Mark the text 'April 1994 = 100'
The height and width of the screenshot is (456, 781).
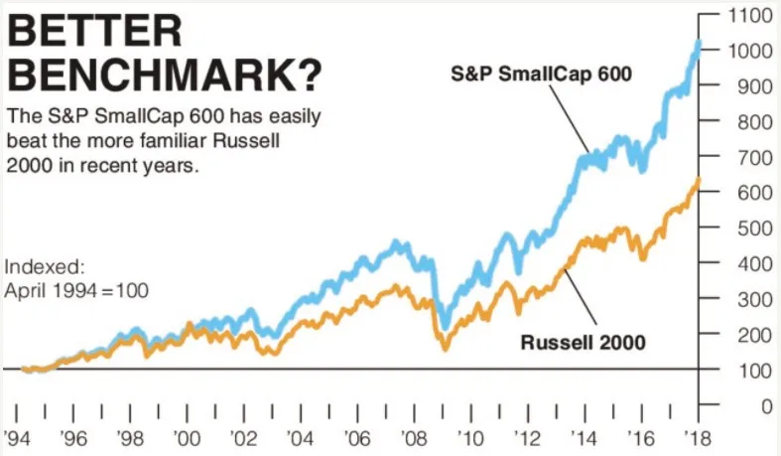coord(76,291)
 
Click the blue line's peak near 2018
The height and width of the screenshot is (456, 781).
coord(698,43)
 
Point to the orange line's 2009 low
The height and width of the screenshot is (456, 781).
coord(444,349)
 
